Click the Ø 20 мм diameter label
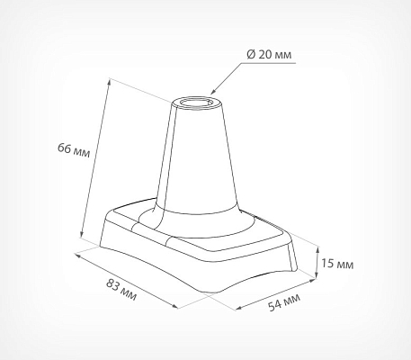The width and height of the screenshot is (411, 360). coord(269,55)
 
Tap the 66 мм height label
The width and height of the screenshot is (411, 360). coord(74,150)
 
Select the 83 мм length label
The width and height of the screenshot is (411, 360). coord(121,289)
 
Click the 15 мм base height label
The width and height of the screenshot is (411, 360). coord(337,264)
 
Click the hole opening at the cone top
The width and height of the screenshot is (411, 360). coord(197,103)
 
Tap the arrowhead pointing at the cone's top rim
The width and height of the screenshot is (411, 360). coord(213,92)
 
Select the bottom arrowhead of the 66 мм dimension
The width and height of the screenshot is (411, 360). coord(81,234)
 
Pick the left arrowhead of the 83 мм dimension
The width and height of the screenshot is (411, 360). coord(77,256)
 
